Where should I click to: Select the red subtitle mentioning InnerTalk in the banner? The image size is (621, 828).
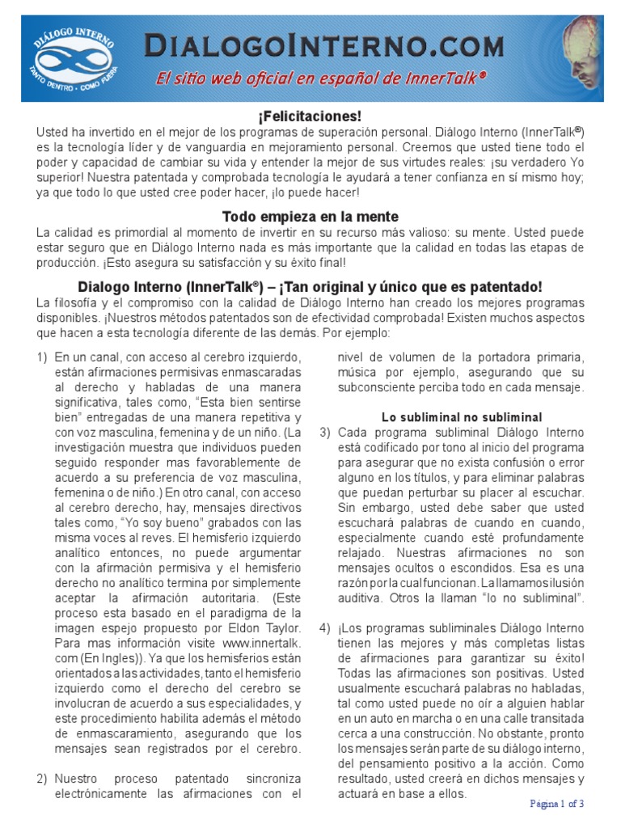click(320, 78)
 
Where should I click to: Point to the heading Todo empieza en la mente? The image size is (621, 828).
click(310, 217)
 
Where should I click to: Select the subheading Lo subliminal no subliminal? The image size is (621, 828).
click(462, 417)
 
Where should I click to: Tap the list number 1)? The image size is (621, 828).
click(42, 357)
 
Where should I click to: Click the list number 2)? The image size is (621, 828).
click(42, 779)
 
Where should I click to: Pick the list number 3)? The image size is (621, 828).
click(325, 433)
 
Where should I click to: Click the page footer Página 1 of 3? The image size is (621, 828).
click(557, 803)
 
